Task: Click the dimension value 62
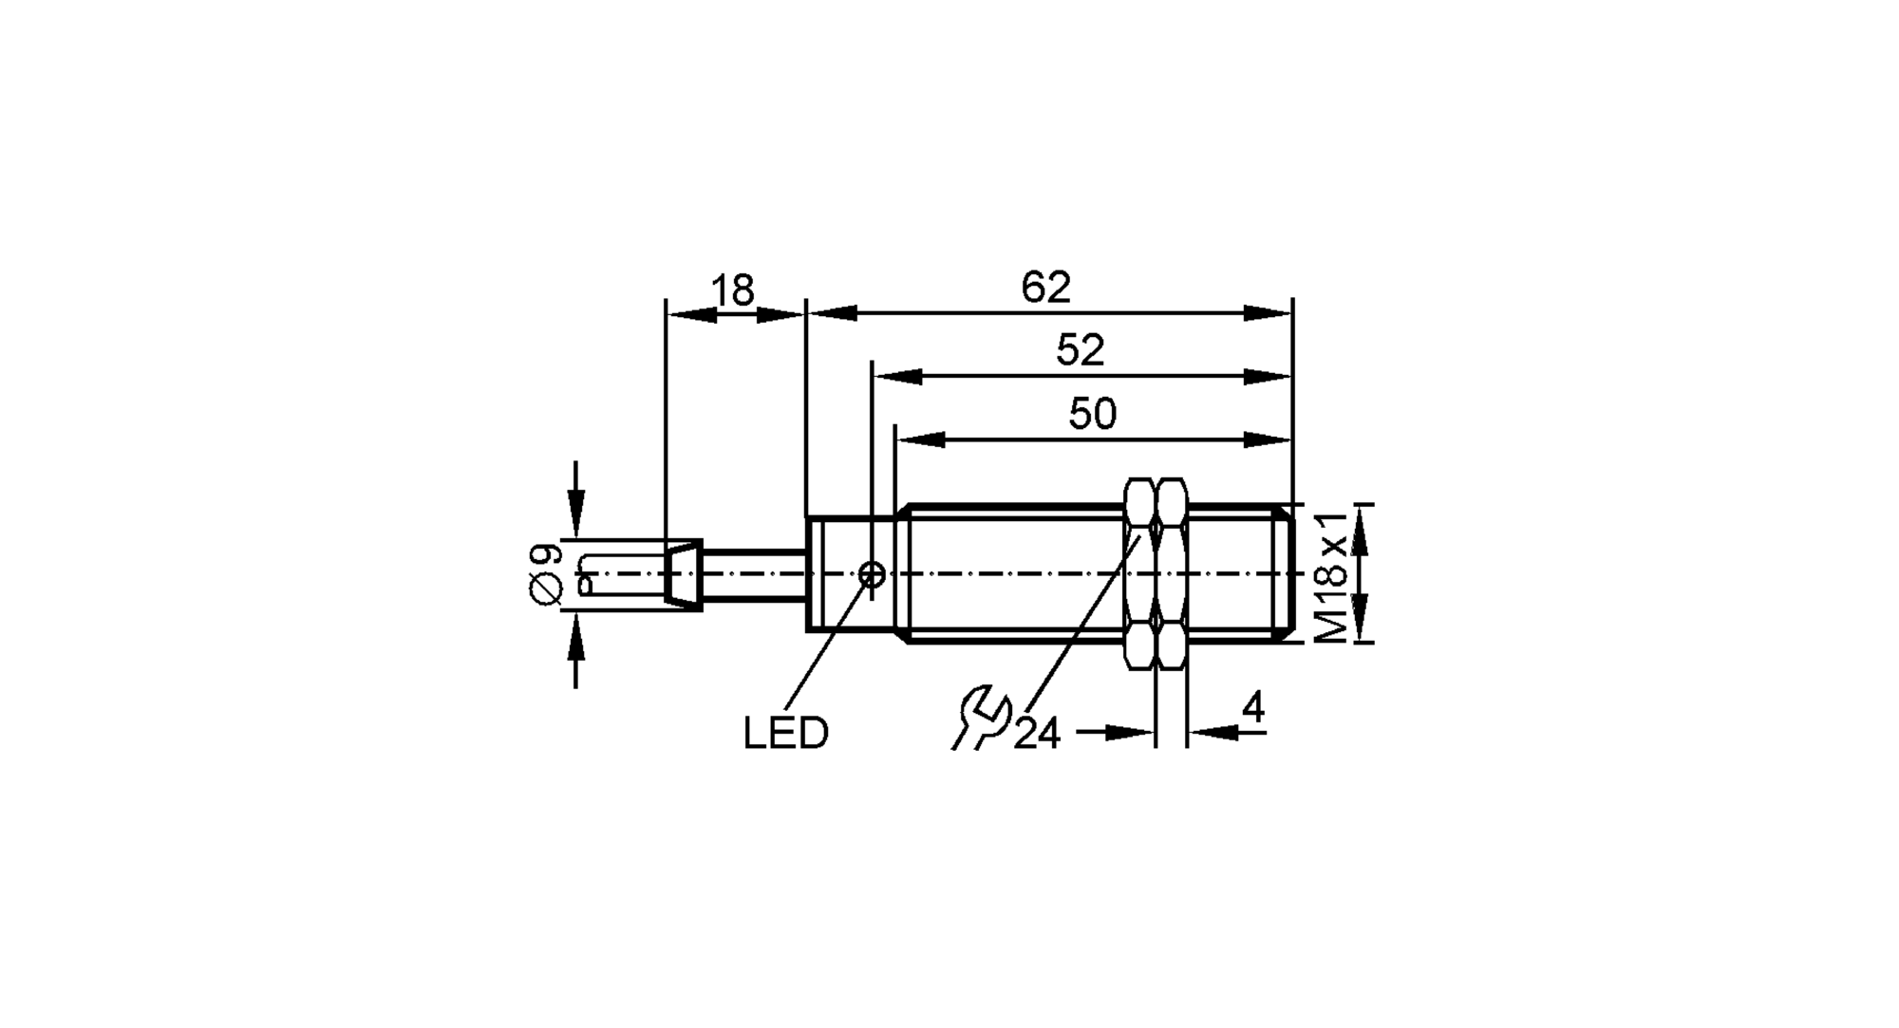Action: [x=1045, y=288]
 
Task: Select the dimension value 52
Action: [x=1080, y=351]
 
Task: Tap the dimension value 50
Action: [x=1092, y=415]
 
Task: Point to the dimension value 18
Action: [x=733, y=290]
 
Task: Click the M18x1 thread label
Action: [x=1333, y=575]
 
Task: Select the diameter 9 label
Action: [x=546, y=574]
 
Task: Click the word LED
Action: [x=785, y=734]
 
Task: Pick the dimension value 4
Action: [x=1253, y=708]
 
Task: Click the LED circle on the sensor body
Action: [x=872, y=574]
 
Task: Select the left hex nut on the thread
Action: [x=1140, y=574]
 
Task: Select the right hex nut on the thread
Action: [x=1172, y=574]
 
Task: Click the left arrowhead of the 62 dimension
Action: [x=832, y=313]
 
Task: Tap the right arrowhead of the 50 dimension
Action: [x=1267, y=439]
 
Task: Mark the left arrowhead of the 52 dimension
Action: [x=898, y=377]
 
